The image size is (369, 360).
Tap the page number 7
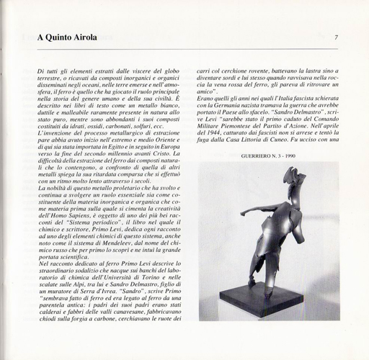point(337,37)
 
